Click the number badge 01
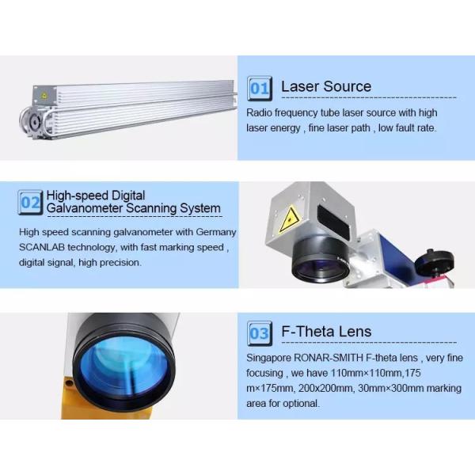coord(259,88)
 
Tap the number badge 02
coord(30,203)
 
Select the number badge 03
coord(259,333)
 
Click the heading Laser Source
coord(326,86)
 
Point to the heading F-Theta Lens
coord(326,332)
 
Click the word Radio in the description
coord(260,112)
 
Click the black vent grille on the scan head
coord(332,212)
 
